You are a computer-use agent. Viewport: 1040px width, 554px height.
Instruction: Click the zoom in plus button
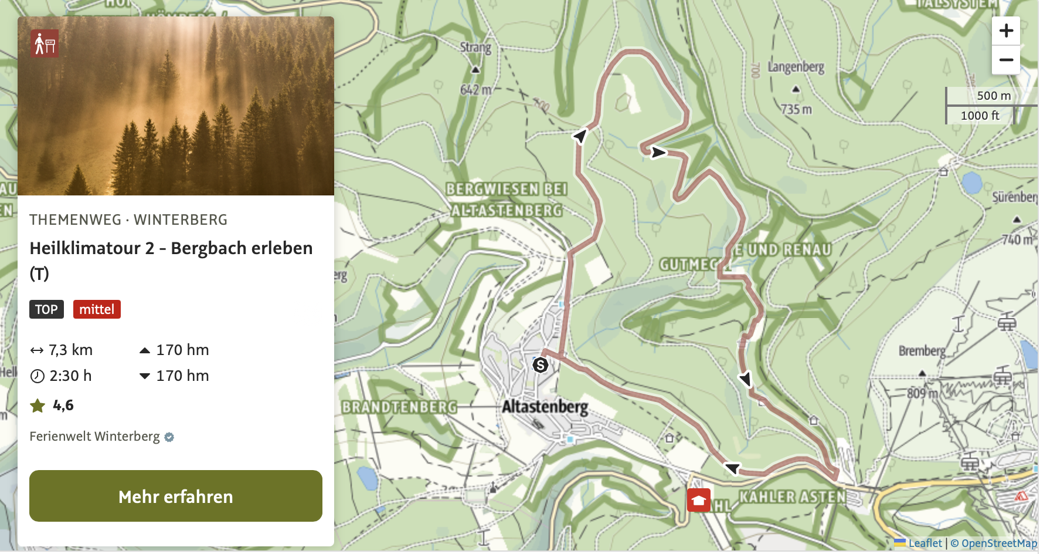click(x=1006, y=31)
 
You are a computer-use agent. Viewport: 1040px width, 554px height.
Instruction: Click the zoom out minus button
click(x=1006, y=60)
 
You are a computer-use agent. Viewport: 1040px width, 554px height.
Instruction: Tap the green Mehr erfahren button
click(x=176, y=496)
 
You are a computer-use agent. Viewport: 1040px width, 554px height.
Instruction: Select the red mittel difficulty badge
click(x=97, y=309)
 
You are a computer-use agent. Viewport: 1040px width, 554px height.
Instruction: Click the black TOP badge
click(x=46, y=309)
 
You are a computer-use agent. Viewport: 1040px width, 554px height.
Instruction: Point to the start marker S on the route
click(x=541, y=365)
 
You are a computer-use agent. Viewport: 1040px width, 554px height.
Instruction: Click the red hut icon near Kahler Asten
click(x=698, y=500)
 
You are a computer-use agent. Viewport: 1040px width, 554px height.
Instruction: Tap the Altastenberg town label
click(x=545, y=406)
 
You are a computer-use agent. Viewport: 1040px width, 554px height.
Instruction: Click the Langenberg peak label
click(x=796, y=67)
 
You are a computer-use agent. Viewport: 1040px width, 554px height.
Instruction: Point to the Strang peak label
click(x=475, y=47)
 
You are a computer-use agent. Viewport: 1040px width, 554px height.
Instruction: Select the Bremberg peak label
click(x=922, y=351)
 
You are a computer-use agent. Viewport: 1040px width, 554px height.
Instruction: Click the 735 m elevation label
click(x=796, y=109)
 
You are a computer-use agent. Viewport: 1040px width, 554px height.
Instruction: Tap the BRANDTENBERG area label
click(x=399, y=407)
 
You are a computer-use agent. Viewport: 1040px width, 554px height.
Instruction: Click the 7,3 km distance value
click(x=70, y=350)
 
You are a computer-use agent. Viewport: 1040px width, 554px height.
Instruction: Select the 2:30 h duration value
click(x=70, y=376)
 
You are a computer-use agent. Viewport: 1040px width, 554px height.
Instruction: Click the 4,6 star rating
click(x=63, y=406)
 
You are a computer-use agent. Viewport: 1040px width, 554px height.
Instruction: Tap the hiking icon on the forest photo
click(x=45, y=43)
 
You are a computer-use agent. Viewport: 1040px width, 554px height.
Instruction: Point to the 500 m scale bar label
click(x=993, y=96)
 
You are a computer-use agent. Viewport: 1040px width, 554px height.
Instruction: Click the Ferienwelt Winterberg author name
click(x=94, y=437)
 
